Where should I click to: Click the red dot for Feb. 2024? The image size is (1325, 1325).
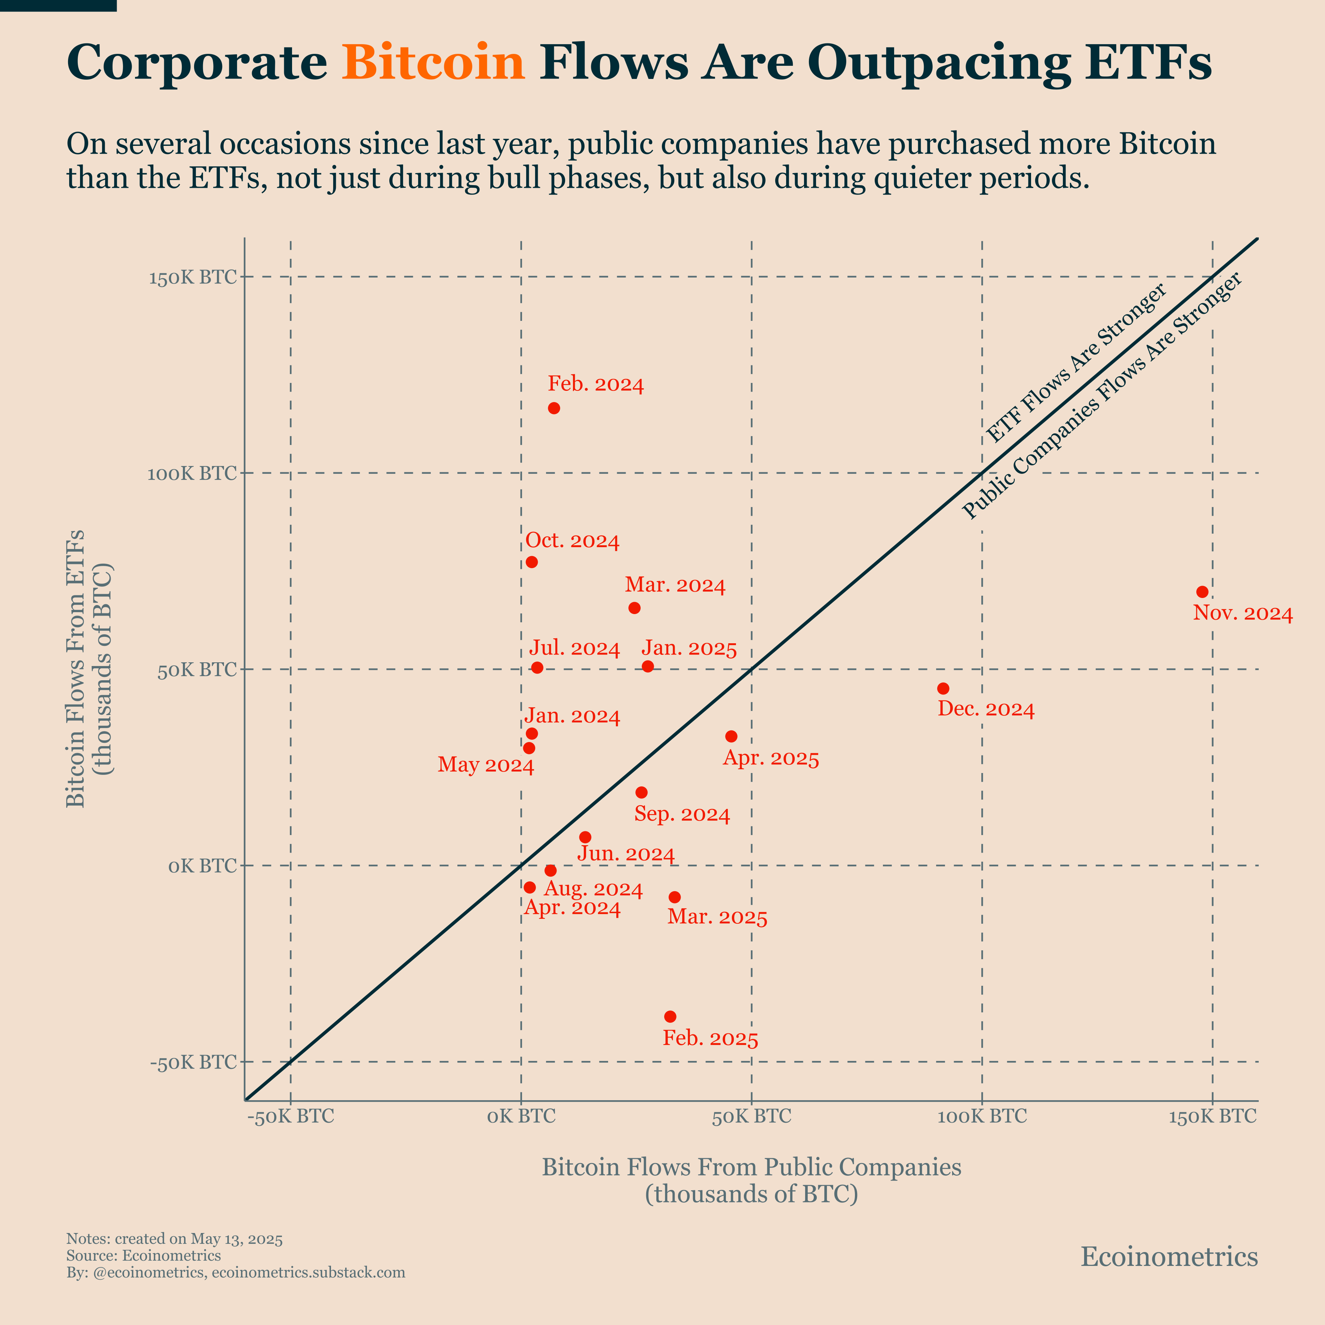[x=554, y=408]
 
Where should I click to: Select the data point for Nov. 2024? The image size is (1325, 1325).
[x=1202, y=592]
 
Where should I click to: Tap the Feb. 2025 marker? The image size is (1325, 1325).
[x=670, y=1016]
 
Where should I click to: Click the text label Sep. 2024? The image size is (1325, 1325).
[x=682, y=815]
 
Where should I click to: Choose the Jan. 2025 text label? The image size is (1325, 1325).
[x=689, y=649]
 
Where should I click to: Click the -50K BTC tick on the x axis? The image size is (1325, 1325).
[x=291, y=1117]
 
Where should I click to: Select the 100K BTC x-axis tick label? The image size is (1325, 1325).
[x=982, y=1117]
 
